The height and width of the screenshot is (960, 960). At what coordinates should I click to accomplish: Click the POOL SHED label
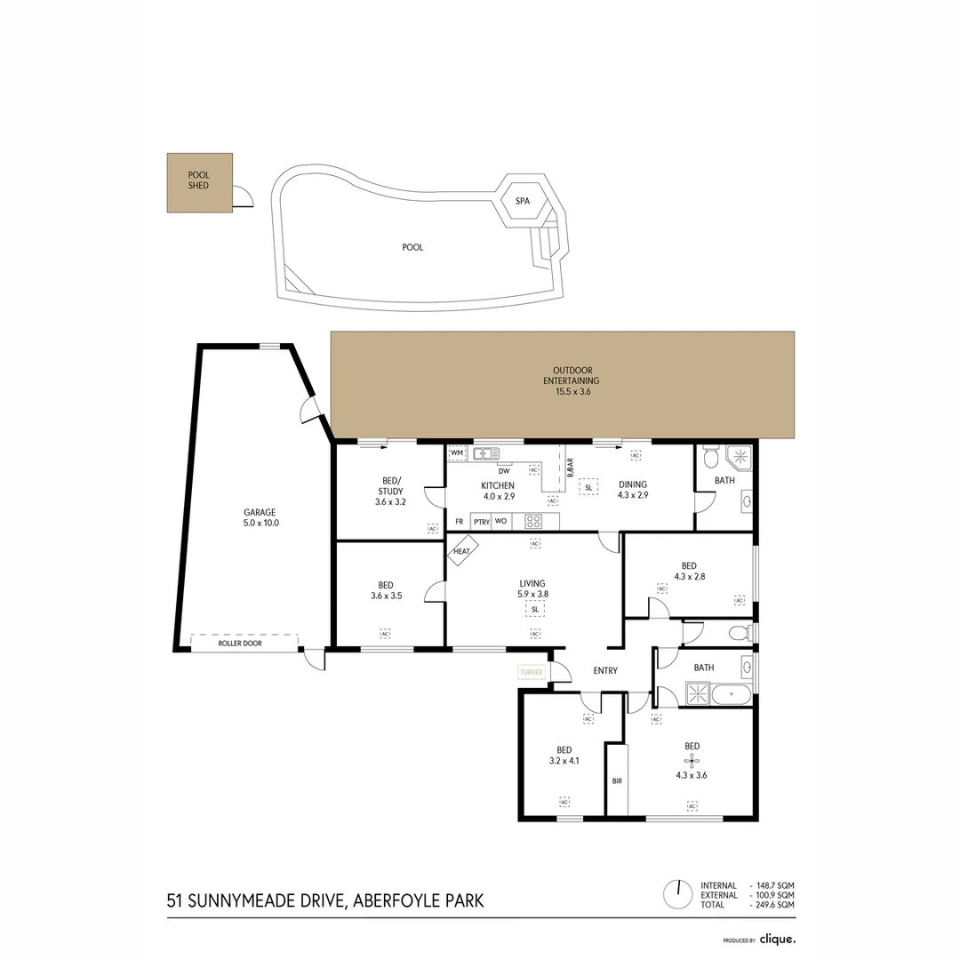pyautogui.click(x=198, y=180)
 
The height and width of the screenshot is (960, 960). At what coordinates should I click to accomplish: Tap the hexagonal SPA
pyautogui.click(x=522, y=202)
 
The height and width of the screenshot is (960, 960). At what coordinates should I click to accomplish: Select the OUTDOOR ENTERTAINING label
pyautogui.click(x=572, y=380)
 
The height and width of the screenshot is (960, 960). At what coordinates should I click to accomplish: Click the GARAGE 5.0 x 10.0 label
pyautogui.click(x=260, y=517)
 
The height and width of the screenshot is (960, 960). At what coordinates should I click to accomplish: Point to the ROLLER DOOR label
pyautogui.click(x=239, y=643)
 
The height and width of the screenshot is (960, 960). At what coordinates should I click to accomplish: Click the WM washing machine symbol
pyautogui.click(x=458, y=453)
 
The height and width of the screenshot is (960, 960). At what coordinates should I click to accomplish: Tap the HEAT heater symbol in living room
pyautogui.click(x=461, y=550)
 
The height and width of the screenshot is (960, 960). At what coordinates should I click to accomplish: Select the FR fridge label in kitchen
pyautogui.click(x=459, y=522)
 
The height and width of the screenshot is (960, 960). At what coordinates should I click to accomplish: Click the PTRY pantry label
pyautogui.click(x=481, y=522)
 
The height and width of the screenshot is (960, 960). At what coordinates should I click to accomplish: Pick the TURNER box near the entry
pyautogui.click(x=532, y=672)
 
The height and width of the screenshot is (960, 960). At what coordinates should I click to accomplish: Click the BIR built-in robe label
pyautogui.click(x=617, y=781)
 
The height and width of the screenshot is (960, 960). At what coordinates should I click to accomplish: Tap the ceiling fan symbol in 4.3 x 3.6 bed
pyautogui.click(x=692, y=760)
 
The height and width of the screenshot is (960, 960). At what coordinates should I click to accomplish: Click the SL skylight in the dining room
pyautogui.click(x=588, y=486)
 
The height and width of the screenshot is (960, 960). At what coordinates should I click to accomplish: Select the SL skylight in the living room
pyautogui.click(x=534, y=610)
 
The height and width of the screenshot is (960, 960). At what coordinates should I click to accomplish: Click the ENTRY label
pyautogui.click(x=605, y=671)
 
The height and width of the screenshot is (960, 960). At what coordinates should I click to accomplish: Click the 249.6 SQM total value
pyautogui.click(x=775, y=904)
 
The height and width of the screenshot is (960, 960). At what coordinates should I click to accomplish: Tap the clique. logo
pyautogui.click(x=777, y=939)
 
